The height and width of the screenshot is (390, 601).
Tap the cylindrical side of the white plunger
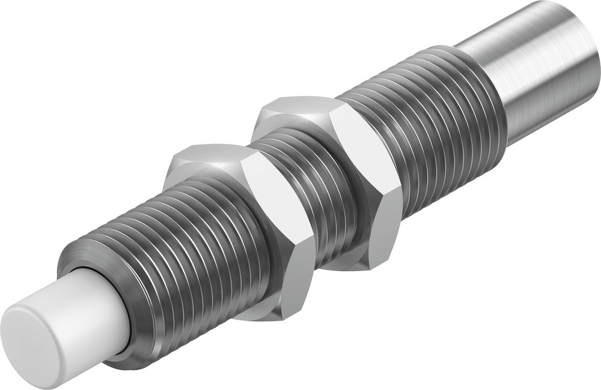coord(90,306)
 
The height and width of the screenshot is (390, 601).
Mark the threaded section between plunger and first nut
coord(180,252)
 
